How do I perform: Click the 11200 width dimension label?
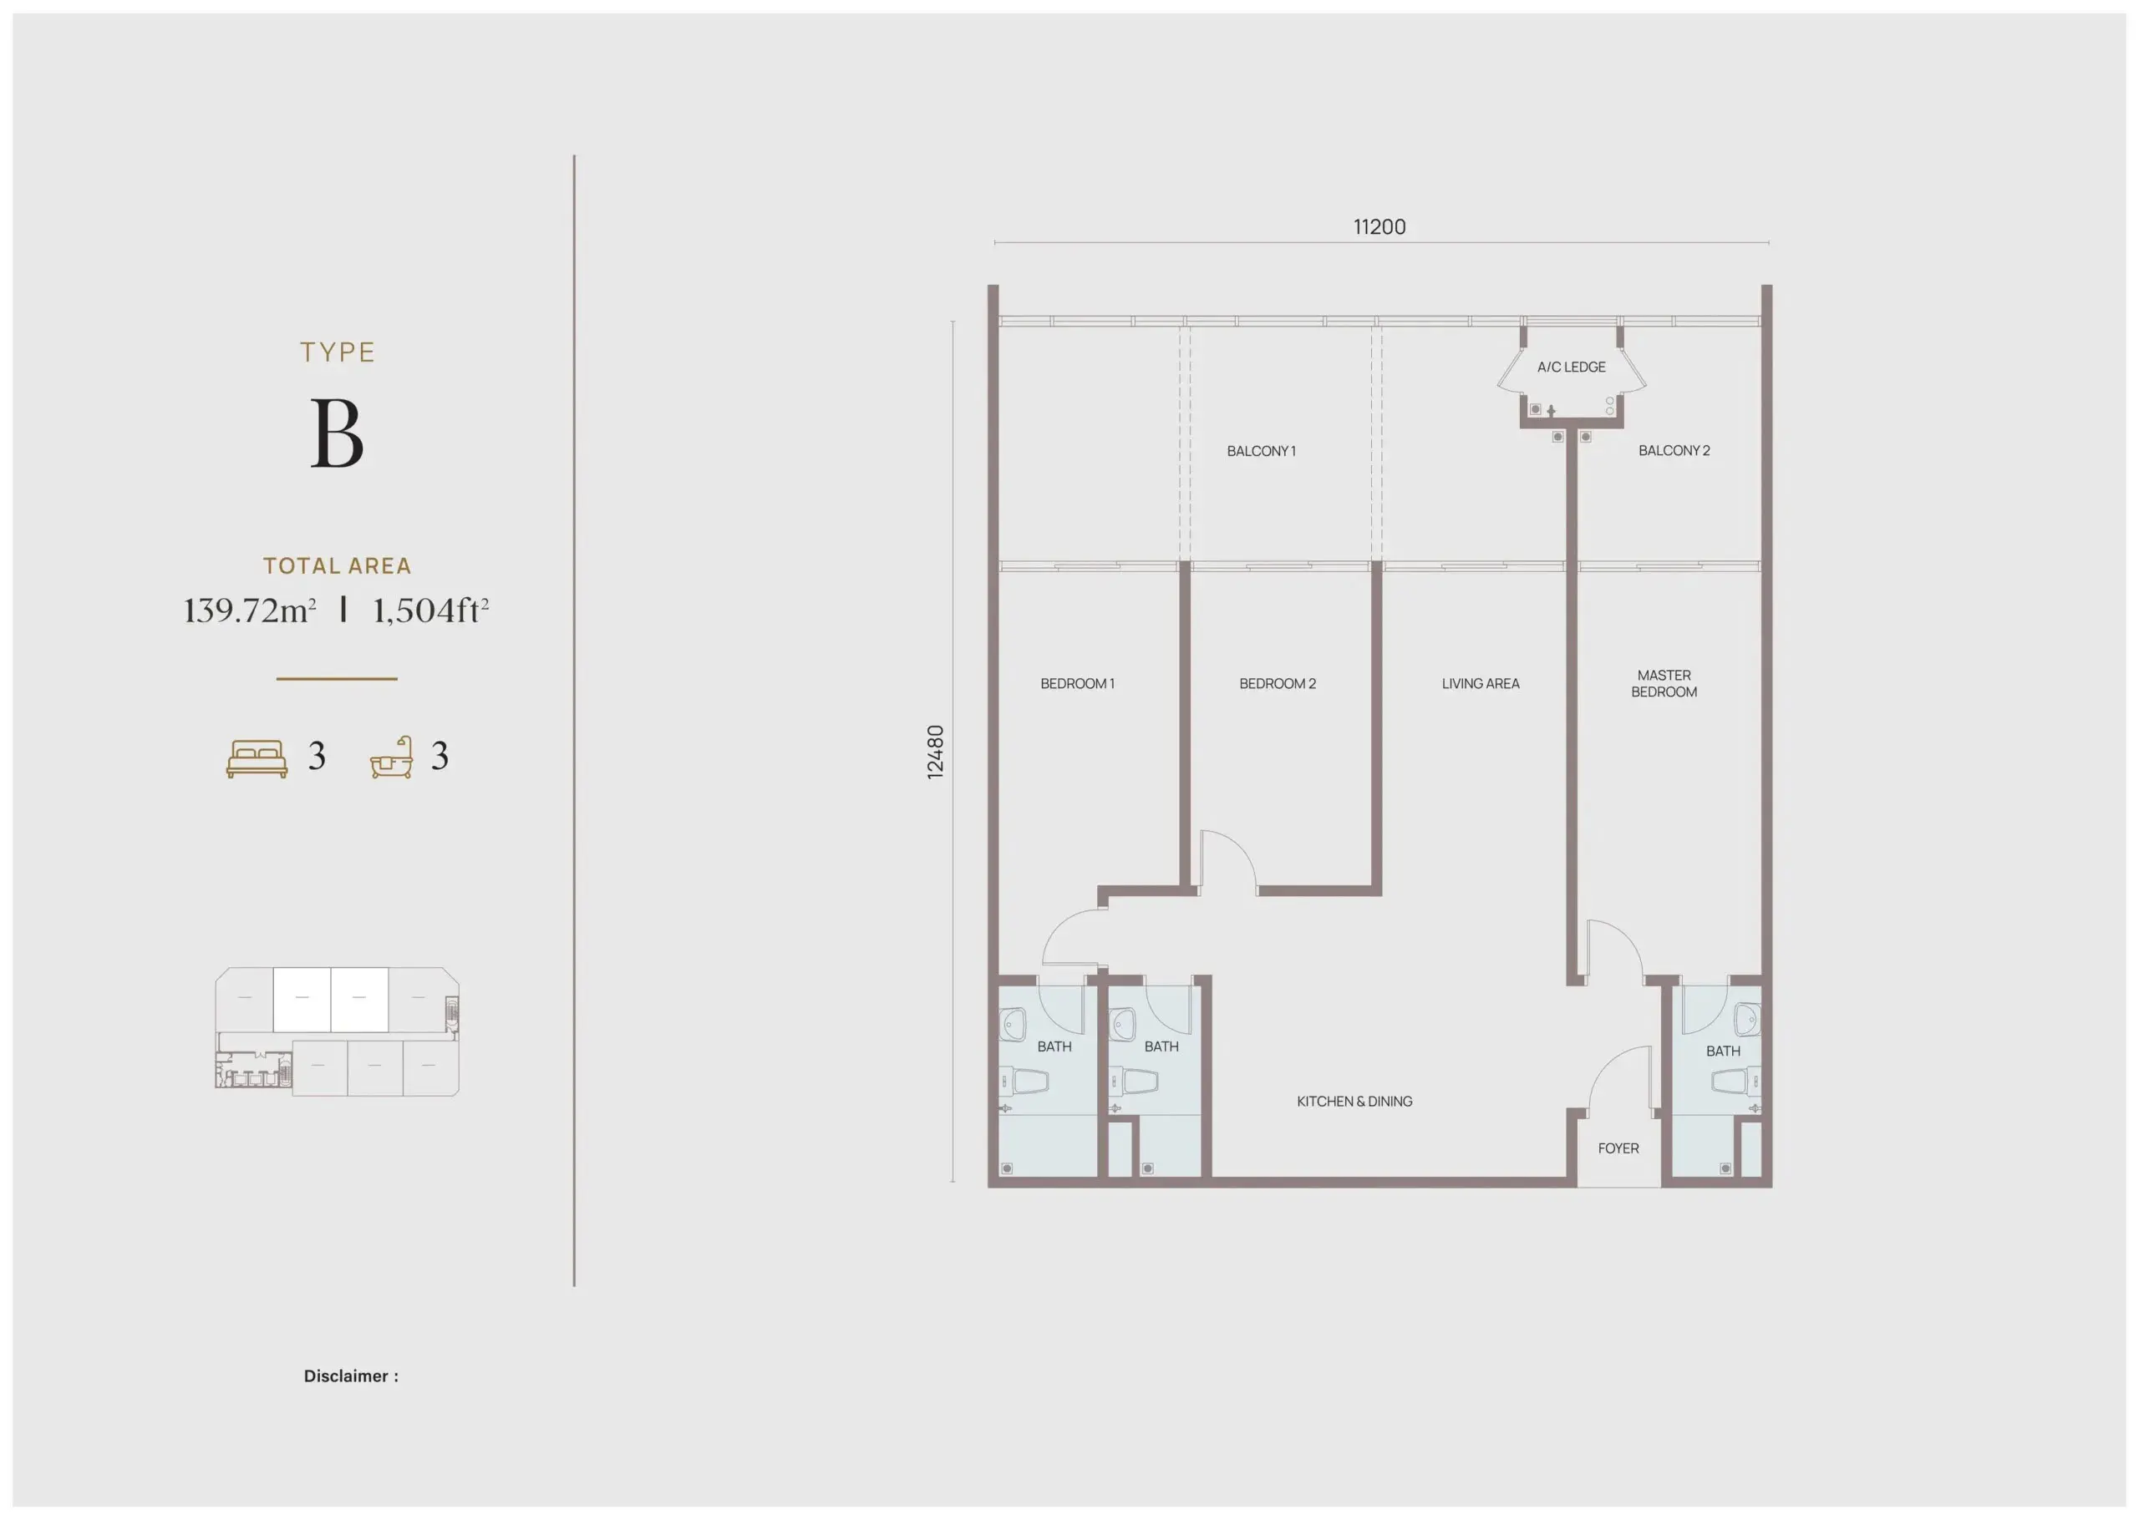point(1379,226)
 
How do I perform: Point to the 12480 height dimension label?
point(935,752)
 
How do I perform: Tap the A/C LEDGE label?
point(1571,367)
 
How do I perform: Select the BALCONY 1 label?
point(1261,451)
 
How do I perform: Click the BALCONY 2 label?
point(1674,450)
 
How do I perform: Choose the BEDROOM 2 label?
point(1277,683)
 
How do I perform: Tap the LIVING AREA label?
point(1480,683)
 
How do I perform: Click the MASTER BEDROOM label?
point(1664,683)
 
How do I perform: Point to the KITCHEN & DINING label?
point(1354,1102)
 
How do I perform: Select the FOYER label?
point(1618,1148)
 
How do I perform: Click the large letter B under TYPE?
point(337,433)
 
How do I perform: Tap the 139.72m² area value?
point(249,611)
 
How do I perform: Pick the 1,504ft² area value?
point(430,611)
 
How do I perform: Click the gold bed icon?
point(257,758)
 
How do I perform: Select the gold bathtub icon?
point(391,757)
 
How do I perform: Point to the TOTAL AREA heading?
point(337,565)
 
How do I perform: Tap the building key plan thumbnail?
point(337,1031)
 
